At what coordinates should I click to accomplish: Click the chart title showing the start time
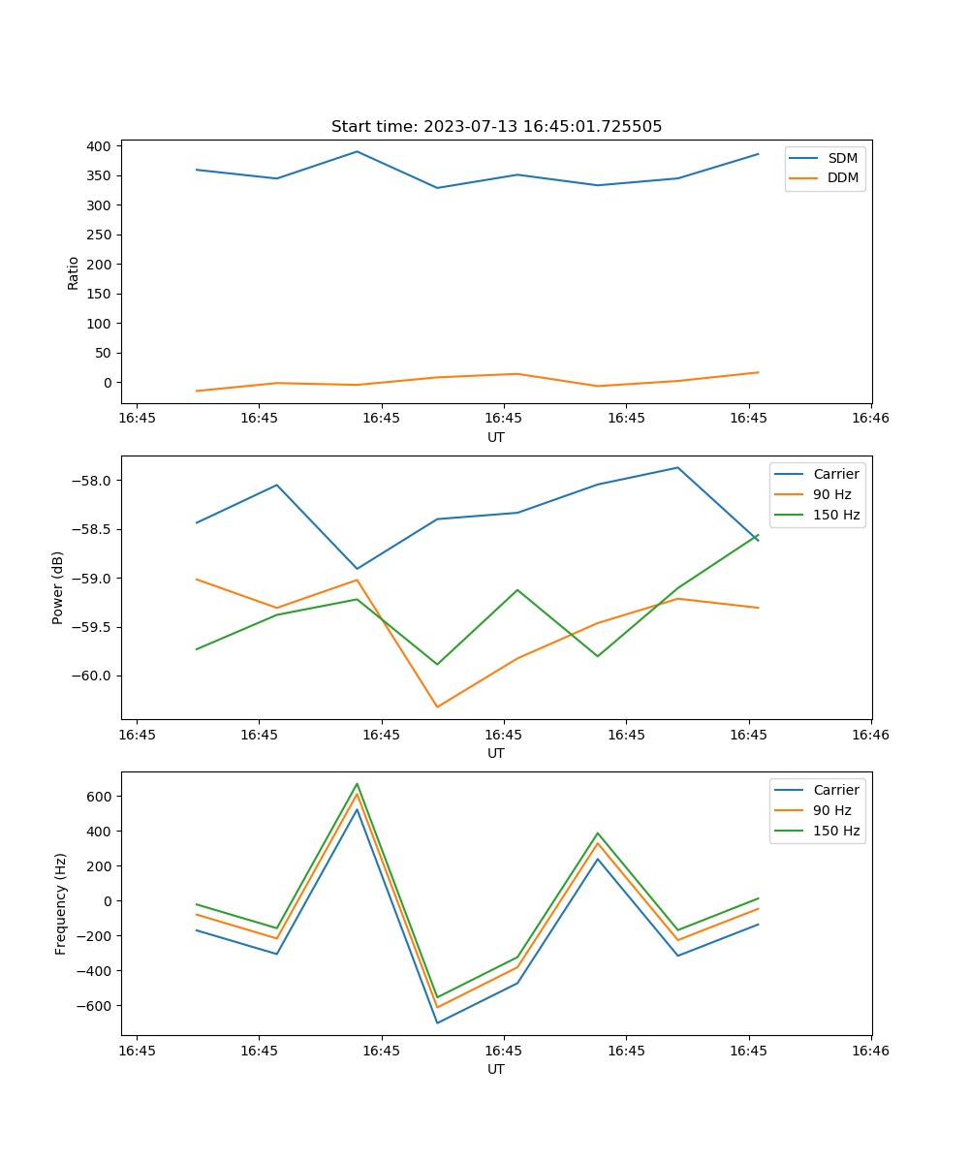(496, 127)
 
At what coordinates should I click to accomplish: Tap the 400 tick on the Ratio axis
(101, 146)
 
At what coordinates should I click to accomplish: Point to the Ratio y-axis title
(74, 273)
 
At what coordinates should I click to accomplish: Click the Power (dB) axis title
(58, 587)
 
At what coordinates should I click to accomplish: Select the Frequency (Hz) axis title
(61, 903)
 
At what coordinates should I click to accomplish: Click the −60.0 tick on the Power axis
(93, 676)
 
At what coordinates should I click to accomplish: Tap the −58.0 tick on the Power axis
(93, 481)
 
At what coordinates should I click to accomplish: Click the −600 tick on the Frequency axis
(95, 1006)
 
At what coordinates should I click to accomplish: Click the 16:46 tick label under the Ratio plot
(870, 418)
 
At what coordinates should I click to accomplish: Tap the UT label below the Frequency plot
(496, 1069)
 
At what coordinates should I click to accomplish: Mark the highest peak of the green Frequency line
(357, 784)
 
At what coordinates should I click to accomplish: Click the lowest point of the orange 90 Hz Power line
(437, 707)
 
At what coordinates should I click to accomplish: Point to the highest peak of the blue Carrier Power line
(677, 468)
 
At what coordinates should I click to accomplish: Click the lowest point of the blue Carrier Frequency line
(437, 1022)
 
